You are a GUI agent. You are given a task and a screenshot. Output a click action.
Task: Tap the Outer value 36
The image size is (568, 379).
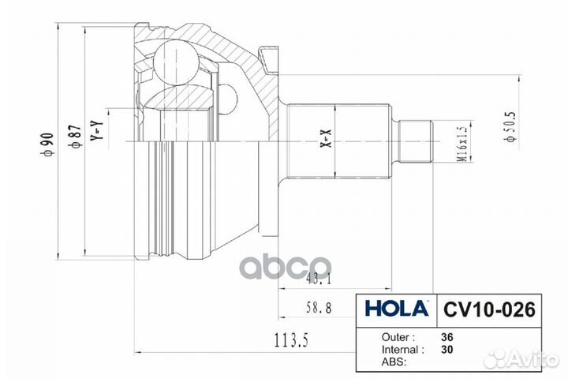coord(448,336)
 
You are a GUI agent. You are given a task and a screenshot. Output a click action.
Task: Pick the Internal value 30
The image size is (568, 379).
coord(448,348)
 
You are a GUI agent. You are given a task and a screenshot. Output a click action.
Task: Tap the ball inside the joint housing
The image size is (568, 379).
coord(175,62)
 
